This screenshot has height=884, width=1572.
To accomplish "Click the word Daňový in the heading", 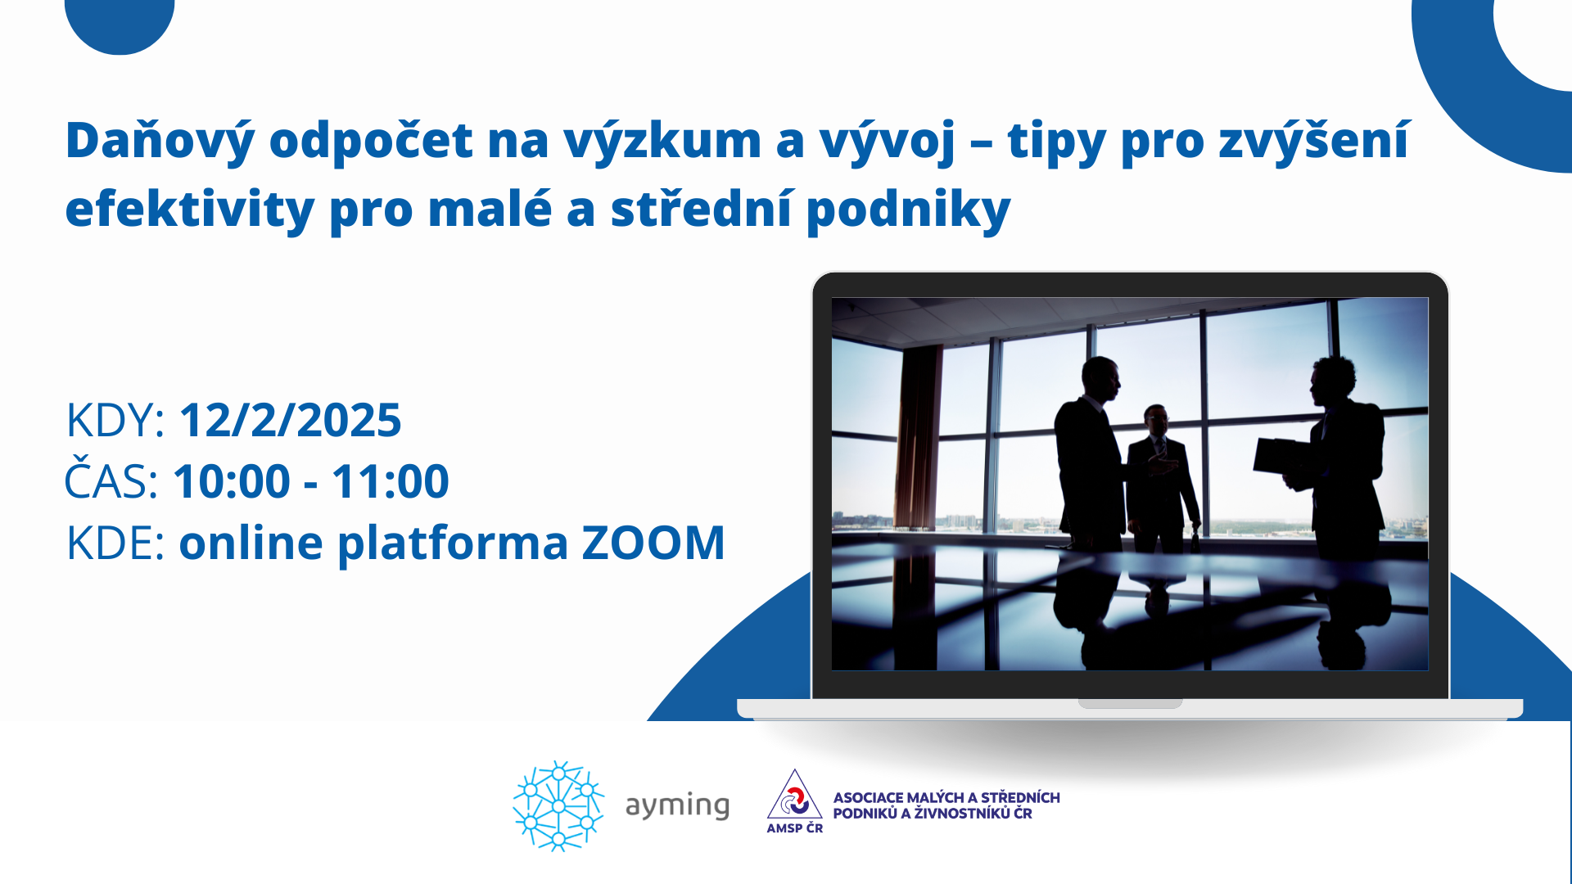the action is (160, 141).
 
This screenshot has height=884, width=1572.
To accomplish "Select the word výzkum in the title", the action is (662, 141).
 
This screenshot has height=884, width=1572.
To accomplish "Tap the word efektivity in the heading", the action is (190, 209).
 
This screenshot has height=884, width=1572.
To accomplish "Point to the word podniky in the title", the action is (909, 209).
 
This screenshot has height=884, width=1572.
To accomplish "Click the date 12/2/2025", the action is (290, 420).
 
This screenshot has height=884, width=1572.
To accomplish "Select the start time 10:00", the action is (232, 480).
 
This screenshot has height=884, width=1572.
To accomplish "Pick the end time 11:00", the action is (391, 480).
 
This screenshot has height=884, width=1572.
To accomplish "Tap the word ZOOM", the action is (653, 543).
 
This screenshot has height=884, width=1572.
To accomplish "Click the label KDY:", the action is (115, 420).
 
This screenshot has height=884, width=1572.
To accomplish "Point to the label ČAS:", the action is (111, 479).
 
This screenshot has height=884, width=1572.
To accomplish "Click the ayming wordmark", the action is (677, 806).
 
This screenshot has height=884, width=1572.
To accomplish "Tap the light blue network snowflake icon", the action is (558, 806).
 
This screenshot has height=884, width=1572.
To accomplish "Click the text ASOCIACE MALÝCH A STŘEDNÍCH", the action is (946, 797).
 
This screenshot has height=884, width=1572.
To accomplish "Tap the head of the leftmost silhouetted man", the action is (1100, 380).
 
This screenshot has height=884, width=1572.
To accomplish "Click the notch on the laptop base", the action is (1130, 703).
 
